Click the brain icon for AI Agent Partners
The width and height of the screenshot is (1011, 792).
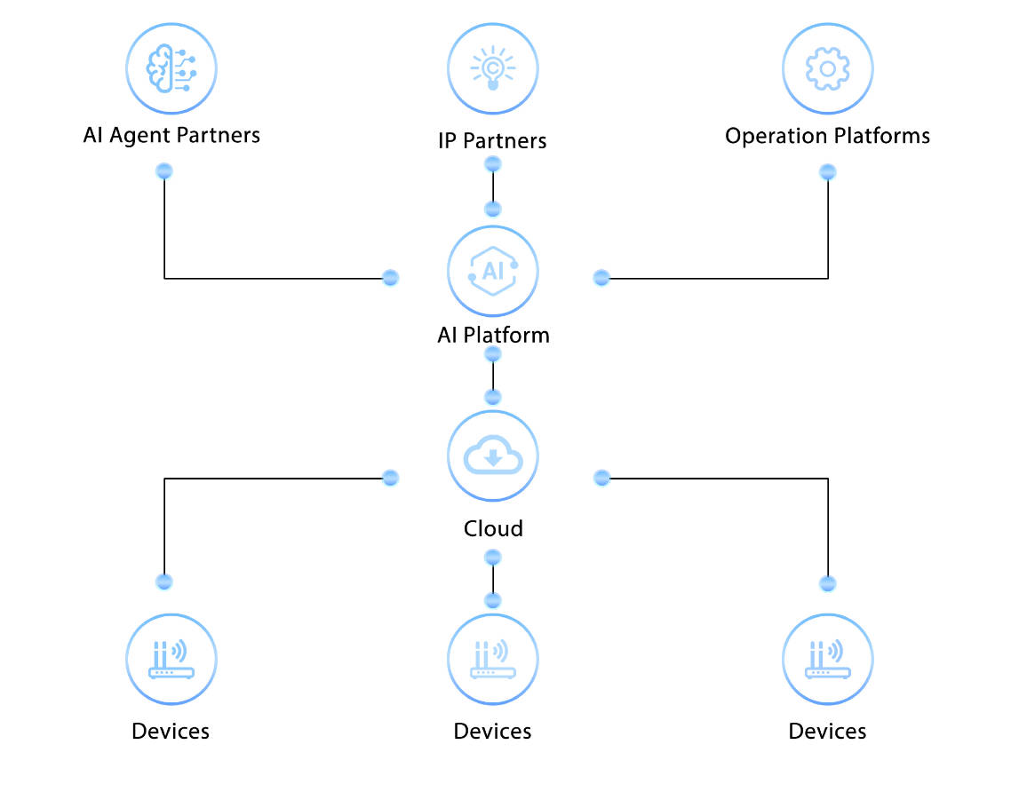171,69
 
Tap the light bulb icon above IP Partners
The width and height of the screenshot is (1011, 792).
493,69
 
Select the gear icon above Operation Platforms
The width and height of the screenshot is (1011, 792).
827,69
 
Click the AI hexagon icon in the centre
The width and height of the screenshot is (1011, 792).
493,271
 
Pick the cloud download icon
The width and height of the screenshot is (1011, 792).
493,455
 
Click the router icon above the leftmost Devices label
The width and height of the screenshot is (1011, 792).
171,660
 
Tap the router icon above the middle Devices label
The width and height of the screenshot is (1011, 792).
493,660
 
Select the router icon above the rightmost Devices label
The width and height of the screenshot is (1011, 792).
827,660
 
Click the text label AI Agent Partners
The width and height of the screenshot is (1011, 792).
171,135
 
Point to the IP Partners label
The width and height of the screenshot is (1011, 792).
492,140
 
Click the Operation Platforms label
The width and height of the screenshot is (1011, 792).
827,136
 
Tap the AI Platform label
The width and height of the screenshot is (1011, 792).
493,335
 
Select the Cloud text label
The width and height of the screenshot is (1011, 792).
493,528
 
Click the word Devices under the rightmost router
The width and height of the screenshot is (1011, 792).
827,731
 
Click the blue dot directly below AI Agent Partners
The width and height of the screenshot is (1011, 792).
164,171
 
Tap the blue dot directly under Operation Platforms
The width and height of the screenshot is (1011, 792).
827,171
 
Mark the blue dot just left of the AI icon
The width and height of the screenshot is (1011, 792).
389,278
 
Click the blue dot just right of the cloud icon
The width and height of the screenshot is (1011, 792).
601,478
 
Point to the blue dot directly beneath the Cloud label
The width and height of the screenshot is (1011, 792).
493,558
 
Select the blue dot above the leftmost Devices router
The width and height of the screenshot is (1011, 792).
164,582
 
